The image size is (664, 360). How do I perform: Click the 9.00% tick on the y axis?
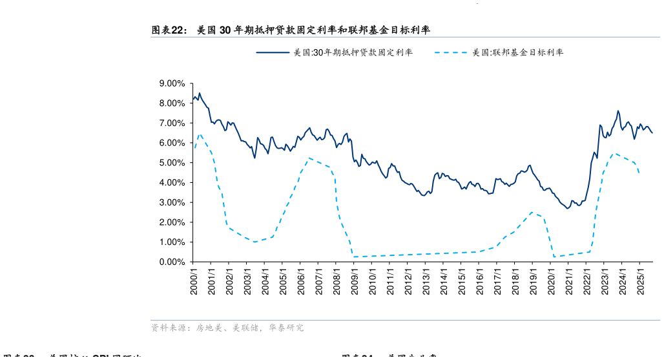(x=172, y=83)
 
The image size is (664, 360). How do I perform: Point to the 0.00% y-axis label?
(x=172, y=262)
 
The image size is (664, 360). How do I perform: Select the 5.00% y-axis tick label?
(x=172, y=163)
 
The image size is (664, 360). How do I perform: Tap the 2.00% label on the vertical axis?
(x=172, y=222)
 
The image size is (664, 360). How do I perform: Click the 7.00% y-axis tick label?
(x=172, y=123)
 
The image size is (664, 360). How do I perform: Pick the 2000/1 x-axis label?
(x=194, y=282)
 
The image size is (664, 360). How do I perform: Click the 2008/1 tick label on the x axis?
(x=337, y=282)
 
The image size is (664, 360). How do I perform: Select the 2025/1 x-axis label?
(x=639, y=282)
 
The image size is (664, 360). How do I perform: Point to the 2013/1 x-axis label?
(x=426, y=282)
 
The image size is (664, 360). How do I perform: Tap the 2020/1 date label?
(x=550, y=282)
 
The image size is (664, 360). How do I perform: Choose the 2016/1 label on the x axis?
(x=479, y=282)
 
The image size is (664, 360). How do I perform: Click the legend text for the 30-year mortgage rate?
(x=353, y=52)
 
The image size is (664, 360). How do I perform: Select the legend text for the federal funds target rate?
(x=517, y=52)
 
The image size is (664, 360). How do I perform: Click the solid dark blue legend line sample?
(x=272, y=52)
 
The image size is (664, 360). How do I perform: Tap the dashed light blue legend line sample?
(x=451, y=52)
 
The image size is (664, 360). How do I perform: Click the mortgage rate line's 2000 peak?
(x=199, y=93)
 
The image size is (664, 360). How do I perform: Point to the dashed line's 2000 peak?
(x=200, y=134)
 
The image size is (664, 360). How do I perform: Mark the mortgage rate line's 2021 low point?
(x=568, y=208)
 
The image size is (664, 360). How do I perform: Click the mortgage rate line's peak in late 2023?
(x=618, y=111)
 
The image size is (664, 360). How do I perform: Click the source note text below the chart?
(x=227, y=328)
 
